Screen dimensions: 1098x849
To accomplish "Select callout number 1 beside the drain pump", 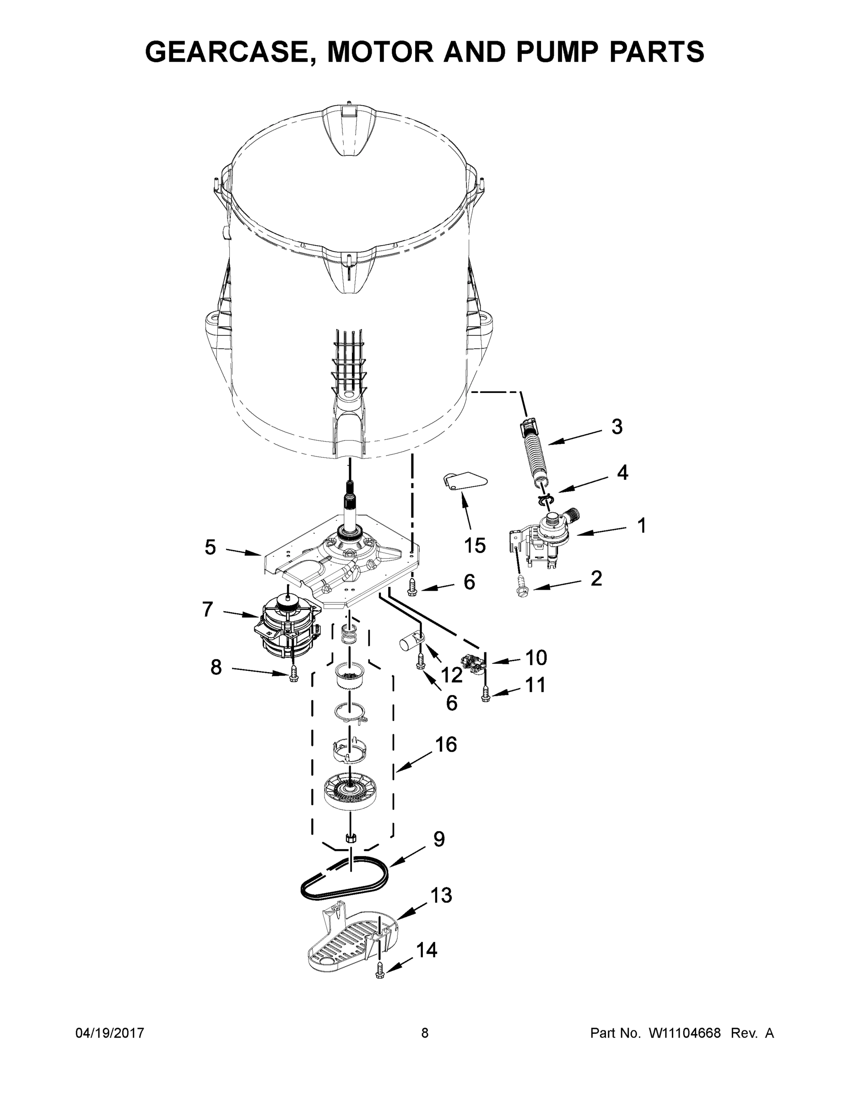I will [x=641, y=526].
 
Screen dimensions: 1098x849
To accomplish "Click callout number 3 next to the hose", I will [x=616, y=427].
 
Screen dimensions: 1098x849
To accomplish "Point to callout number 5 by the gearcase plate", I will [x=210, y=548].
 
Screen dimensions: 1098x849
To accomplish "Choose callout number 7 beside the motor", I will [x=208, y=609].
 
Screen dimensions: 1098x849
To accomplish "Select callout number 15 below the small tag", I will [x=474, y=545].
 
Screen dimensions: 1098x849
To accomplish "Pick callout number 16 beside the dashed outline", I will [x=446, y=744].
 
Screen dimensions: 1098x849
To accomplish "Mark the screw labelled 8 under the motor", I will [x=294, y=675].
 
